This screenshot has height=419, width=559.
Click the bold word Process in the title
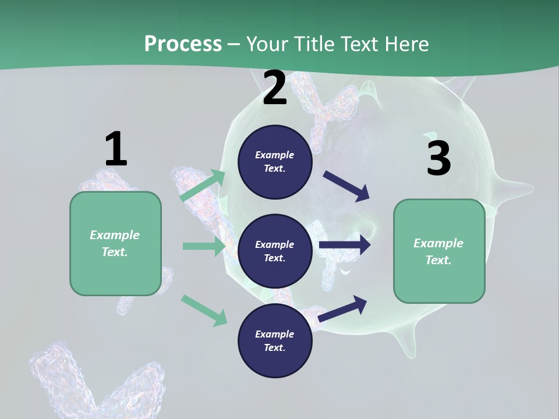(x=183, y=44)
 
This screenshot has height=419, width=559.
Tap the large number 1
(x=116, y=149)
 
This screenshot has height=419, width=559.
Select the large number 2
(x=275, y=88)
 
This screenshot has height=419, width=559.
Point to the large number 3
(x=438, y=158)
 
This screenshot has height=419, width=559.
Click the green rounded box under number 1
(x=115, y=243)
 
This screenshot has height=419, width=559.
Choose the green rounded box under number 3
(x=439, y=251)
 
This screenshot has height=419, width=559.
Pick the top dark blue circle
(x=275, y=162)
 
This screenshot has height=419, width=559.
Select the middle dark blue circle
(x=275, y=251)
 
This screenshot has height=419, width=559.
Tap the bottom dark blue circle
(x=275, y=341)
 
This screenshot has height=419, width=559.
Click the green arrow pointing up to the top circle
(x=203, y=186)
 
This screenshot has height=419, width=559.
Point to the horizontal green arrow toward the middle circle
(x=204, y=246)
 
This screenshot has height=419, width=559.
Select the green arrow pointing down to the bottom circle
(x=204, y=310)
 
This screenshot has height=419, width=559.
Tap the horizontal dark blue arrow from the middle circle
(x=344, y=245)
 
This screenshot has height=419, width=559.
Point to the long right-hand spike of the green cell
(x=515, y=188)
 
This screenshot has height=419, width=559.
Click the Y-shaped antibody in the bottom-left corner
(x=93, y=378)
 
